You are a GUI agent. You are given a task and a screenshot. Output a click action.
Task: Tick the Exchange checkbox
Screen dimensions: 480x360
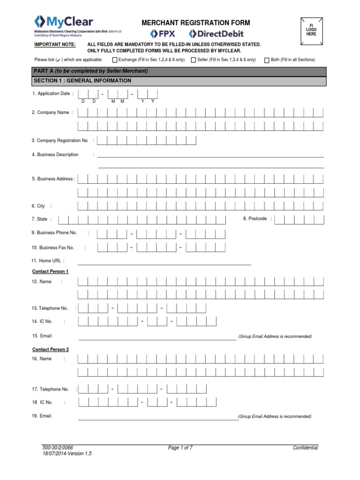115,60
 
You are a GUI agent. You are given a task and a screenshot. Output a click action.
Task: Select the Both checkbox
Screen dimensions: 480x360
267,60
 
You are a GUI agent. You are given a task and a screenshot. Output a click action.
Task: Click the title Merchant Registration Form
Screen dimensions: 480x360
196,22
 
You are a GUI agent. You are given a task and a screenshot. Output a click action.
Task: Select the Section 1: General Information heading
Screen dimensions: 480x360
82,81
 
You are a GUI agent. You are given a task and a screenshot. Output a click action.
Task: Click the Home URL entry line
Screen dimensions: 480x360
164,264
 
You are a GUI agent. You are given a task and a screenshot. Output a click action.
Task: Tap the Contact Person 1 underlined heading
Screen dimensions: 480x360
50,271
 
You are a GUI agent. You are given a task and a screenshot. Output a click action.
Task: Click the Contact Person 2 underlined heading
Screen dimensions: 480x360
50,349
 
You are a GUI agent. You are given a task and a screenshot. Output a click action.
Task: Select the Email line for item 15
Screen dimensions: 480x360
157,337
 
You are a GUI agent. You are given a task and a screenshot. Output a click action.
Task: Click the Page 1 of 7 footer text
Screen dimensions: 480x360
180,448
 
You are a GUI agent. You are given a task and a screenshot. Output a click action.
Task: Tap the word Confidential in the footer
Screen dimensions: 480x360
305,448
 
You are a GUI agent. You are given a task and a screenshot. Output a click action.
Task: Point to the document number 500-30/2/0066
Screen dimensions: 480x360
58,448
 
